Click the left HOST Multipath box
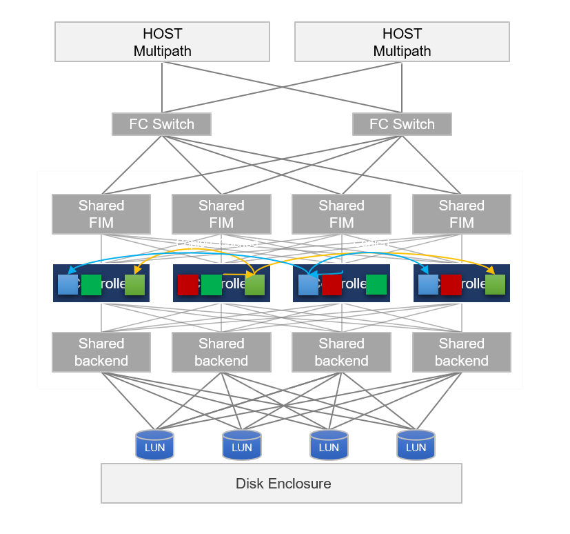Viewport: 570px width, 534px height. tap(162, 42)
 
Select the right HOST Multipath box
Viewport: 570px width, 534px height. tap(402, 42)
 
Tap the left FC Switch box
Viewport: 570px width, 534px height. tap(161, 124)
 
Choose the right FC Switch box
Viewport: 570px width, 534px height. tap(402, 124)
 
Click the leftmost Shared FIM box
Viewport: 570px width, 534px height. tap(101, 214)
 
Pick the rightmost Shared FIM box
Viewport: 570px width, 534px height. tap(462, 214)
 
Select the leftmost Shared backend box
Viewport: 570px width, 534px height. tap(101, 352)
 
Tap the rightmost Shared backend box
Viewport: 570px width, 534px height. tap(462, 352)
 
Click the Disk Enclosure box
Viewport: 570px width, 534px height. tap(281, 483)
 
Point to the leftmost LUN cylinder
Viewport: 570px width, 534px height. tap(154, 445)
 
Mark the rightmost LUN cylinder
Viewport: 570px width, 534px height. tap(416, 445)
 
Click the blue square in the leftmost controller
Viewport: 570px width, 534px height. tap(68, 284)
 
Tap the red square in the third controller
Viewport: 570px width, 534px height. tap(332, 284)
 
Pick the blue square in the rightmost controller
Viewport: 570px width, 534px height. tap(428, 284)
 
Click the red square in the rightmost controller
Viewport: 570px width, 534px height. tap(451, 284)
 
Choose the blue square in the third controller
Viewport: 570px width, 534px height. tap(308, 284)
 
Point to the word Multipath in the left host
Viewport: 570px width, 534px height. tap(162, 51)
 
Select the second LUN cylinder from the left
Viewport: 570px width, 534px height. tap(241, 445)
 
